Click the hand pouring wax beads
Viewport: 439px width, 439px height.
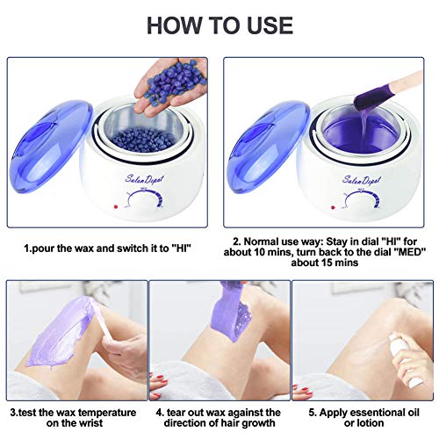pyautogui.click(x=171, y=75)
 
